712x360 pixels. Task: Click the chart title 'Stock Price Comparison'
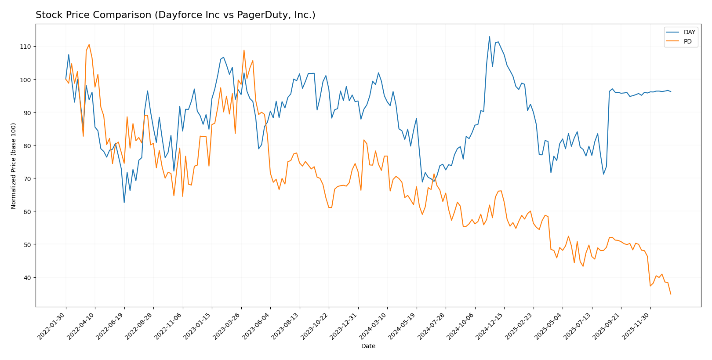(175, 15)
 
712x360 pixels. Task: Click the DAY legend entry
(689, 33)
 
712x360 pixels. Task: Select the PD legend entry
(687, 42)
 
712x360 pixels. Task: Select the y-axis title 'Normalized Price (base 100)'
(14, 165)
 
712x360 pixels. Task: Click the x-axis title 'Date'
(368, 346)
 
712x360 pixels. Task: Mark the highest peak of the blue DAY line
(490, 36)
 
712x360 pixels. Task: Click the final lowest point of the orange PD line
(671, 294)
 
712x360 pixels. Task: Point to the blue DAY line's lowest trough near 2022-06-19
(124, 203)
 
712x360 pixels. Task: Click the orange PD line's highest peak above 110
(89, 44)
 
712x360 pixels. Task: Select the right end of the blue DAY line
(671, 91)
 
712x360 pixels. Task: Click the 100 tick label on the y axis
(27, 80)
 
